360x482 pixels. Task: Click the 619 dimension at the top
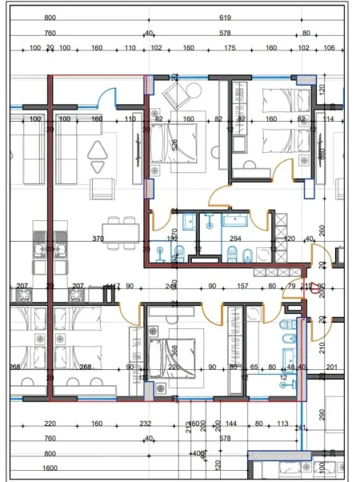pyautogui.click(x=224, y=17)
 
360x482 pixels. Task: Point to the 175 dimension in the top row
pyautogui.click(x=230, y=48)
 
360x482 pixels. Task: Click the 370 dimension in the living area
pyautogui.click(x=98, y=239)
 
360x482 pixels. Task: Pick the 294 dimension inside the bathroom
pyautogui.click(x=235, y=239)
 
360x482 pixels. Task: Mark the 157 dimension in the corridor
pyautogui.click(x=242, y=286)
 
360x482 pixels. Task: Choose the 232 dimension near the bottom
pyautogui.click(x=145, y=424)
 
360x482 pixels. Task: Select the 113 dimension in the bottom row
pyautogui.click(x=282, y=424)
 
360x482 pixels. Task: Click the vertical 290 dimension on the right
pyautogui.click(x=322, y=415)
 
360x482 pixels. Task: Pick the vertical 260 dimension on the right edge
pyautogui.click(x=322, y=230)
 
